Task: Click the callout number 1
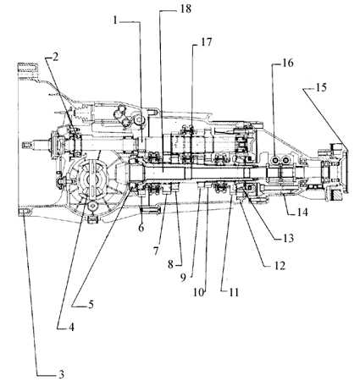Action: [115, 20]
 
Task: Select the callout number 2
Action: [55, 57]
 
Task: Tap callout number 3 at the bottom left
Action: [61, 374]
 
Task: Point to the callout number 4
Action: [71, 328]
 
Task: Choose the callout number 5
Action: [91, 305]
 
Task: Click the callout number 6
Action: [141, 227]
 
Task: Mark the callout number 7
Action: [156, 251]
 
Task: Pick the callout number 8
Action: [170, 265]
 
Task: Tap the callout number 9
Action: [183, 278]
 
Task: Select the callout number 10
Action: [198, 292]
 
